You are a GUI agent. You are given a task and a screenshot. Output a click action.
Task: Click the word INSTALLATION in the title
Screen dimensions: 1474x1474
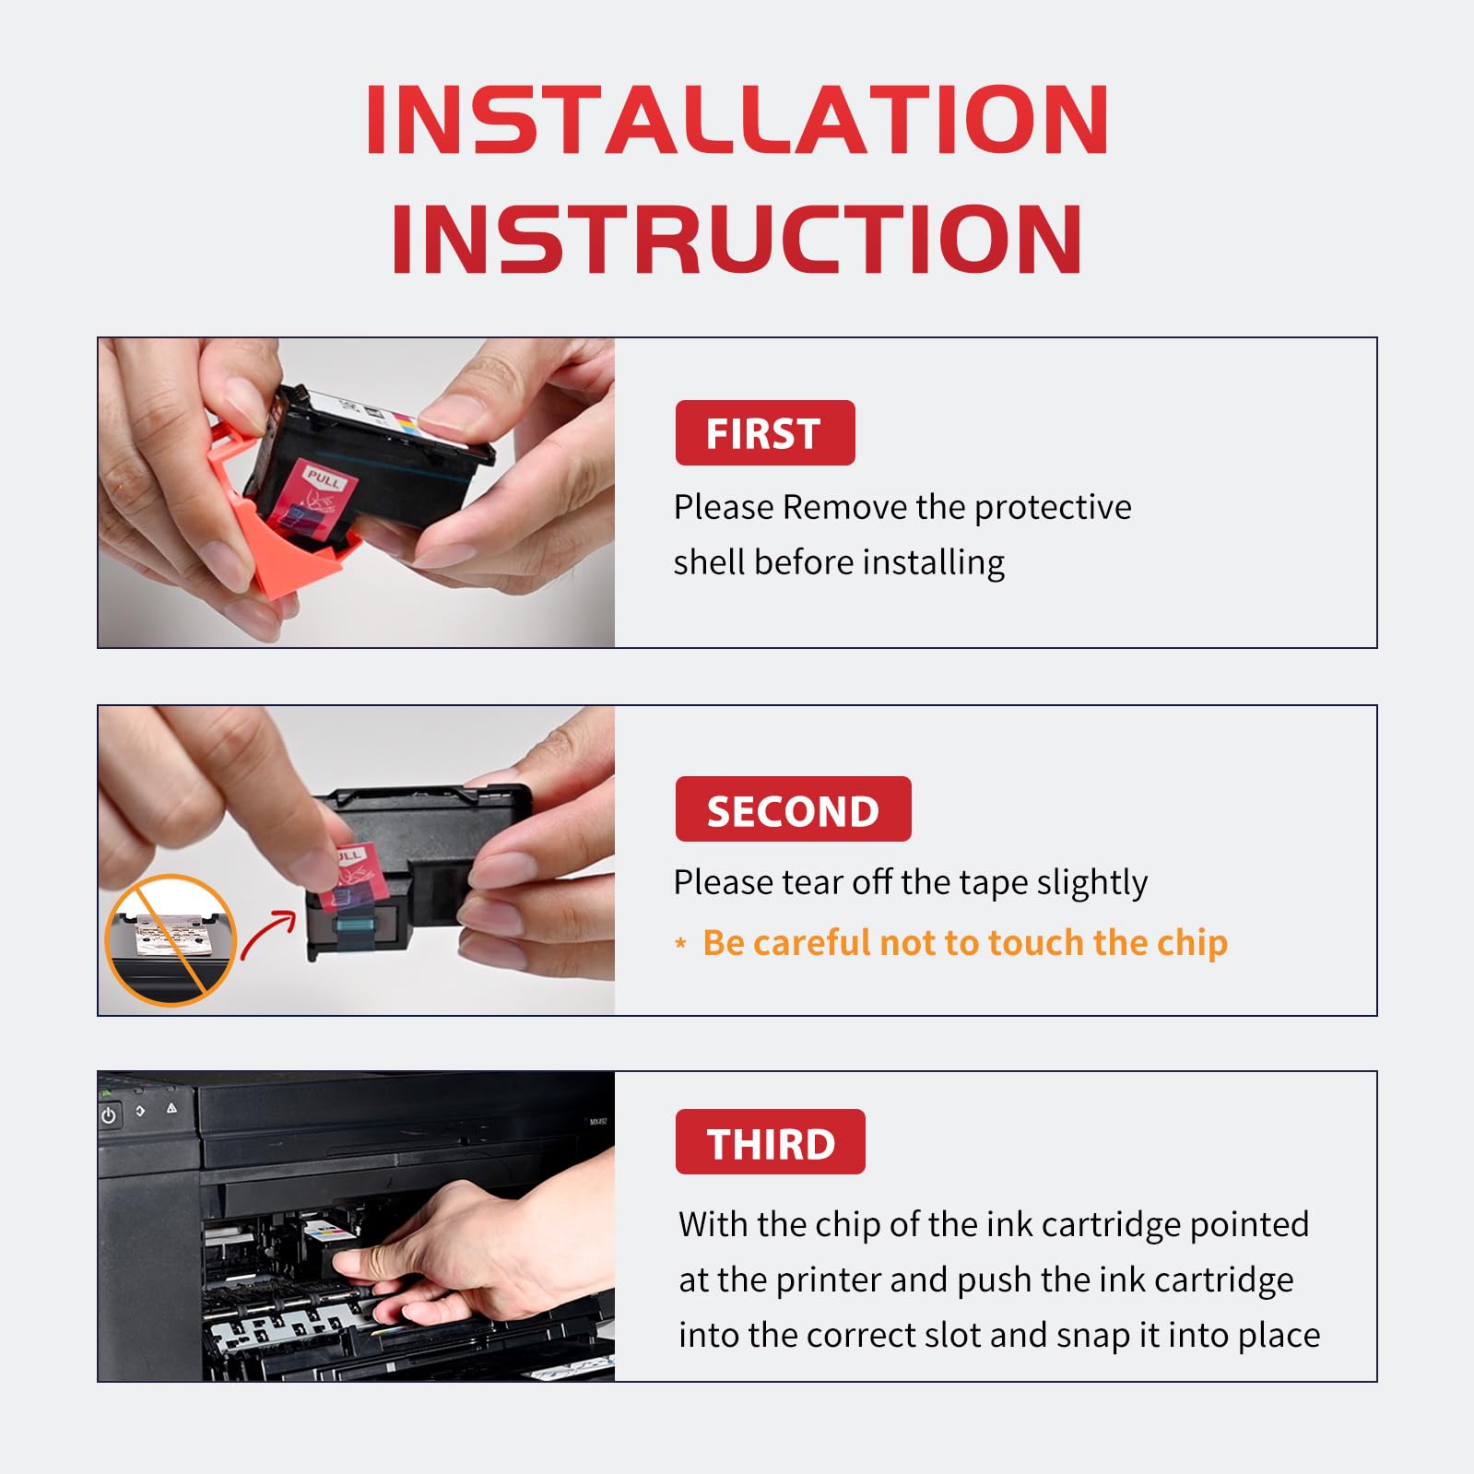(x=737, y=120)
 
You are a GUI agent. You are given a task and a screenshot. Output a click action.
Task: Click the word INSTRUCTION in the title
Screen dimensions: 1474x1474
(x=737, y=239)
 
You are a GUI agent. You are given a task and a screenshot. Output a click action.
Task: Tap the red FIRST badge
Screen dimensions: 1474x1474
(x=765, y=433)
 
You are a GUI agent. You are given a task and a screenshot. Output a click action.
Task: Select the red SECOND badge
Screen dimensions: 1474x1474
(x=793, y=809)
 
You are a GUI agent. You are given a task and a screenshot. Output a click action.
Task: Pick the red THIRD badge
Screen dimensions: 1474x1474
(x=770, y=1142)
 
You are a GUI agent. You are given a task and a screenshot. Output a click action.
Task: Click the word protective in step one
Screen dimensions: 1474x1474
(x=1053, y=508)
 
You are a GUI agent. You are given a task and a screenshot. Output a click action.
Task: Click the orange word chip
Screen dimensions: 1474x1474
(x=1192, y=944)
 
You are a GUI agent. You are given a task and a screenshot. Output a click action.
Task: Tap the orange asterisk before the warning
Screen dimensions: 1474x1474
(x=681, y=943)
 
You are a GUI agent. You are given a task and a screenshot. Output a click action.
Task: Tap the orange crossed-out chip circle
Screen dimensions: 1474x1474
(x=171, y=940)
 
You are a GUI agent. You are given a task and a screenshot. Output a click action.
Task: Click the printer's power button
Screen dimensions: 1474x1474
(x=109, y=1115)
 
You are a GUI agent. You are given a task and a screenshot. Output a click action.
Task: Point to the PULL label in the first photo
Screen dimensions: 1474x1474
(x=324, y=478)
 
